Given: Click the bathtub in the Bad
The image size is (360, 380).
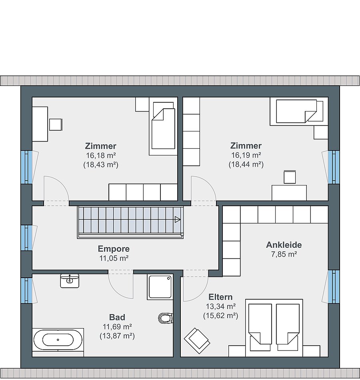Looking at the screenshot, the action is [58, 340].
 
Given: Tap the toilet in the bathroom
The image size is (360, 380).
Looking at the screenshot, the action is [166, 318].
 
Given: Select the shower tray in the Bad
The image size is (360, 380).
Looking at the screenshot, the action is [160, 287].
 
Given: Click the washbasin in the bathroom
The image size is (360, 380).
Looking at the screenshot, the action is [70, 281].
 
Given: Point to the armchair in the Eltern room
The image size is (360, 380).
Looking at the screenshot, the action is [197, 341].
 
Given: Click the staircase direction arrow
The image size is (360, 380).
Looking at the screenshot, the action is [178, 220].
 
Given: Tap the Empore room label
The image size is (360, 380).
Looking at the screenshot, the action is [114, 249].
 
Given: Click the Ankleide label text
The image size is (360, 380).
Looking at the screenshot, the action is [284, 245].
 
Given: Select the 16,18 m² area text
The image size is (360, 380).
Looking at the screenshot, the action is [101, 155].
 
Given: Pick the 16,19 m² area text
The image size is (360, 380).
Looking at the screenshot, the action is [246, 155].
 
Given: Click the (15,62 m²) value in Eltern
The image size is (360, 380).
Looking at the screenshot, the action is [220, 316].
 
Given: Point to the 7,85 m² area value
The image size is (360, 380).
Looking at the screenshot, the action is [284, 254].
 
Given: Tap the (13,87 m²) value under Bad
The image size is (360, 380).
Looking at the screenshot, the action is [117, 336].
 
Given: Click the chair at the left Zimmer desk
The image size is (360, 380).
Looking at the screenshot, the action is [56, 125].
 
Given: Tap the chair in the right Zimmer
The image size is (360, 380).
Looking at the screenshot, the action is [290, 177].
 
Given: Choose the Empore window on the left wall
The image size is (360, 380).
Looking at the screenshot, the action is [27, 238].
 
